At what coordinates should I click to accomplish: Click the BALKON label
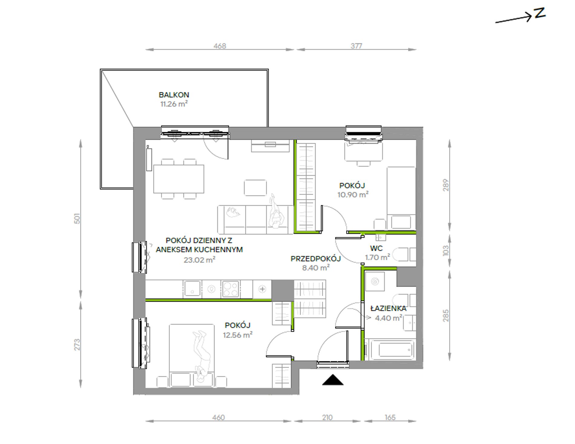(x=174, y=95)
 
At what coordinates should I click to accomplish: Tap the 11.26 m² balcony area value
(x=174, y=104)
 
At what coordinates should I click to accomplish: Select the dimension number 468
(x=220, y=46)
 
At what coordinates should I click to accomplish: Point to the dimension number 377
(x=356, y=46)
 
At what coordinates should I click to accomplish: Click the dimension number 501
(x=77, y=219)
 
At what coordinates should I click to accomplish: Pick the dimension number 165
(x=390, y=418)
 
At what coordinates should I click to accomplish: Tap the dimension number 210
(x=327, y=418)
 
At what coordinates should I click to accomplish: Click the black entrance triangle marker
(x=333, y=380)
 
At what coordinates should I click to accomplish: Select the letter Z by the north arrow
(x=540, y=13)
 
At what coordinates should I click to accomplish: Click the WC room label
(x=376, y=249)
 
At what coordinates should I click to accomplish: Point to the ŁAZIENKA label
(x=389, y=309)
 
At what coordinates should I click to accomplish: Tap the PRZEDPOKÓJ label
(x=316, y=259)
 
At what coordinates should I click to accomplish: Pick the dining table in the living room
(x=179, y=179)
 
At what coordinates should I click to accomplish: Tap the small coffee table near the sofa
(x=255, y=188)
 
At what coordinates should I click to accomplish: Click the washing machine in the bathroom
(x=375, y=282)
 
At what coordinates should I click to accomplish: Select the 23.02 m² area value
(x=199, y=260)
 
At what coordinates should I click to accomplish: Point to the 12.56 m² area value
(x=238, y=335)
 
